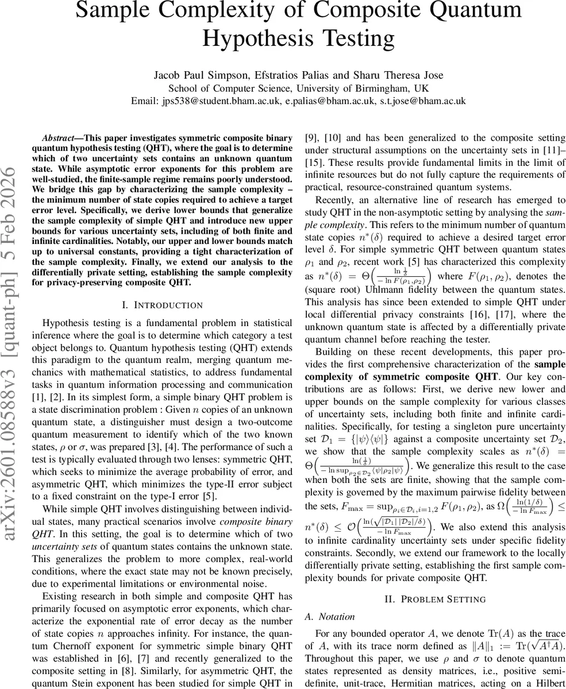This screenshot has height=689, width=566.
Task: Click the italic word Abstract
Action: tap(58, 139)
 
